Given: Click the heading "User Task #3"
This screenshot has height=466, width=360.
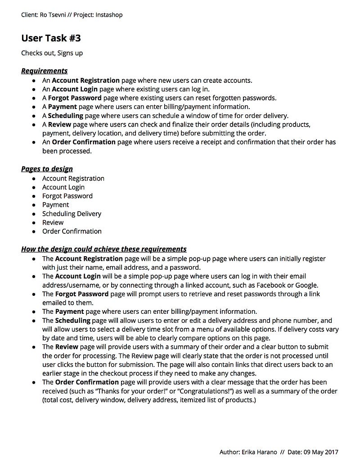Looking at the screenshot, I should coord(51,38).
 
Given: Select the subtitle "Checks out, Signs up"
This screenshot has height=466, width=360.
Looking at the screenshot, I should coord(52,53).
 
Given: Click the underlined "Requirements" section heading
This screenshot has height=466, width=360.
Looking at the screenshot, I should coord(44,71).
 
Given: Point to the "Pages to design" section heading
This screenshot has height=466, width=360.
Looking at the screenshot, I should coord(47,169).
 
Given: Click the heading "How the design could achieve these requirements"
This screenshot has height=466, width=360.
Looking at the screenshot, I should coord(103,249).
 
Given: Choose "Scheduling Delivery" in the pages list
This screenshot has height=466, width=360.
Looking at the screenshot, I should coord(72,214).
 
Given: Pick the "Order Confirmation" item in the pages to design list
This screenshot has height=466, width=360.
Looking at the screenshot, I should coord(72,231).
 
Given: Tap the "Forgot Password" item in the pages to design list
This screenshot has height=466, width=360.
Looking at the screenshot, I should coord(67,196).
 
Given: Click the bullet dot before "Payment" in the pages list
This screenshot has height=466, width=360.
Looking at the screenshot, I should coord(34,205).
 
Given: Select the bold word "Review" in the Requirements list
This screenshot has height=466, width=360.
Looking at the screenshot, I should coord(59,124).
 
